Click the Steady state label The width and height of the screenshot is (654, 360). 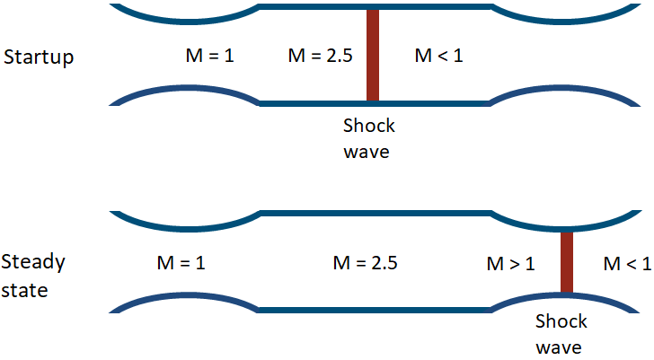click(x=34, y=277)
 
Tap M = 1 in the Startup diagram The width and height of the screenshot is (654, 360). click(x=208, y=57)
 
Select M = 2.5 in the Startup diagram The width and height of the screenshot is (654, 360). click(x=320, y=57)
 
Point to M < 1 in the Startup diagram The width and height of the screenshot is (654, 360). click(x=438, y=57)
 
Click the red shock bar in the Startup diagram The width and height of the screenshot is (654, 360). click(x=373, y=54)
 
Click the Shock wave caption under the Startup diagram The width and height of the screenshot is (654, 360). click(x=369, y=138)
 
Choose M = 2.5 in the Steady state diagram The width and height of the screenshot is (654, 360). click(x=365, y=264)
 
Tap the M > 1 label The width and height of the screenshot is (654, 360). click(x=510, y=264)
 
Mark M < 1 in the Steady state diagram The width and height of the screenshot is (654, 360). click(x=627, y=264)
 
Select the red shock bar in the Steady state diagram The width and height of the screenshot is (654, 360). click(x=567, y=262)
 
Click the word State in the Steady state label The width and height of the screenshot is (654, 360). click(x=25, y=291)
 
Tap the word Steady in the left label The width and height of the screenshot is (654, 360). click(x=34, y=263)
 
